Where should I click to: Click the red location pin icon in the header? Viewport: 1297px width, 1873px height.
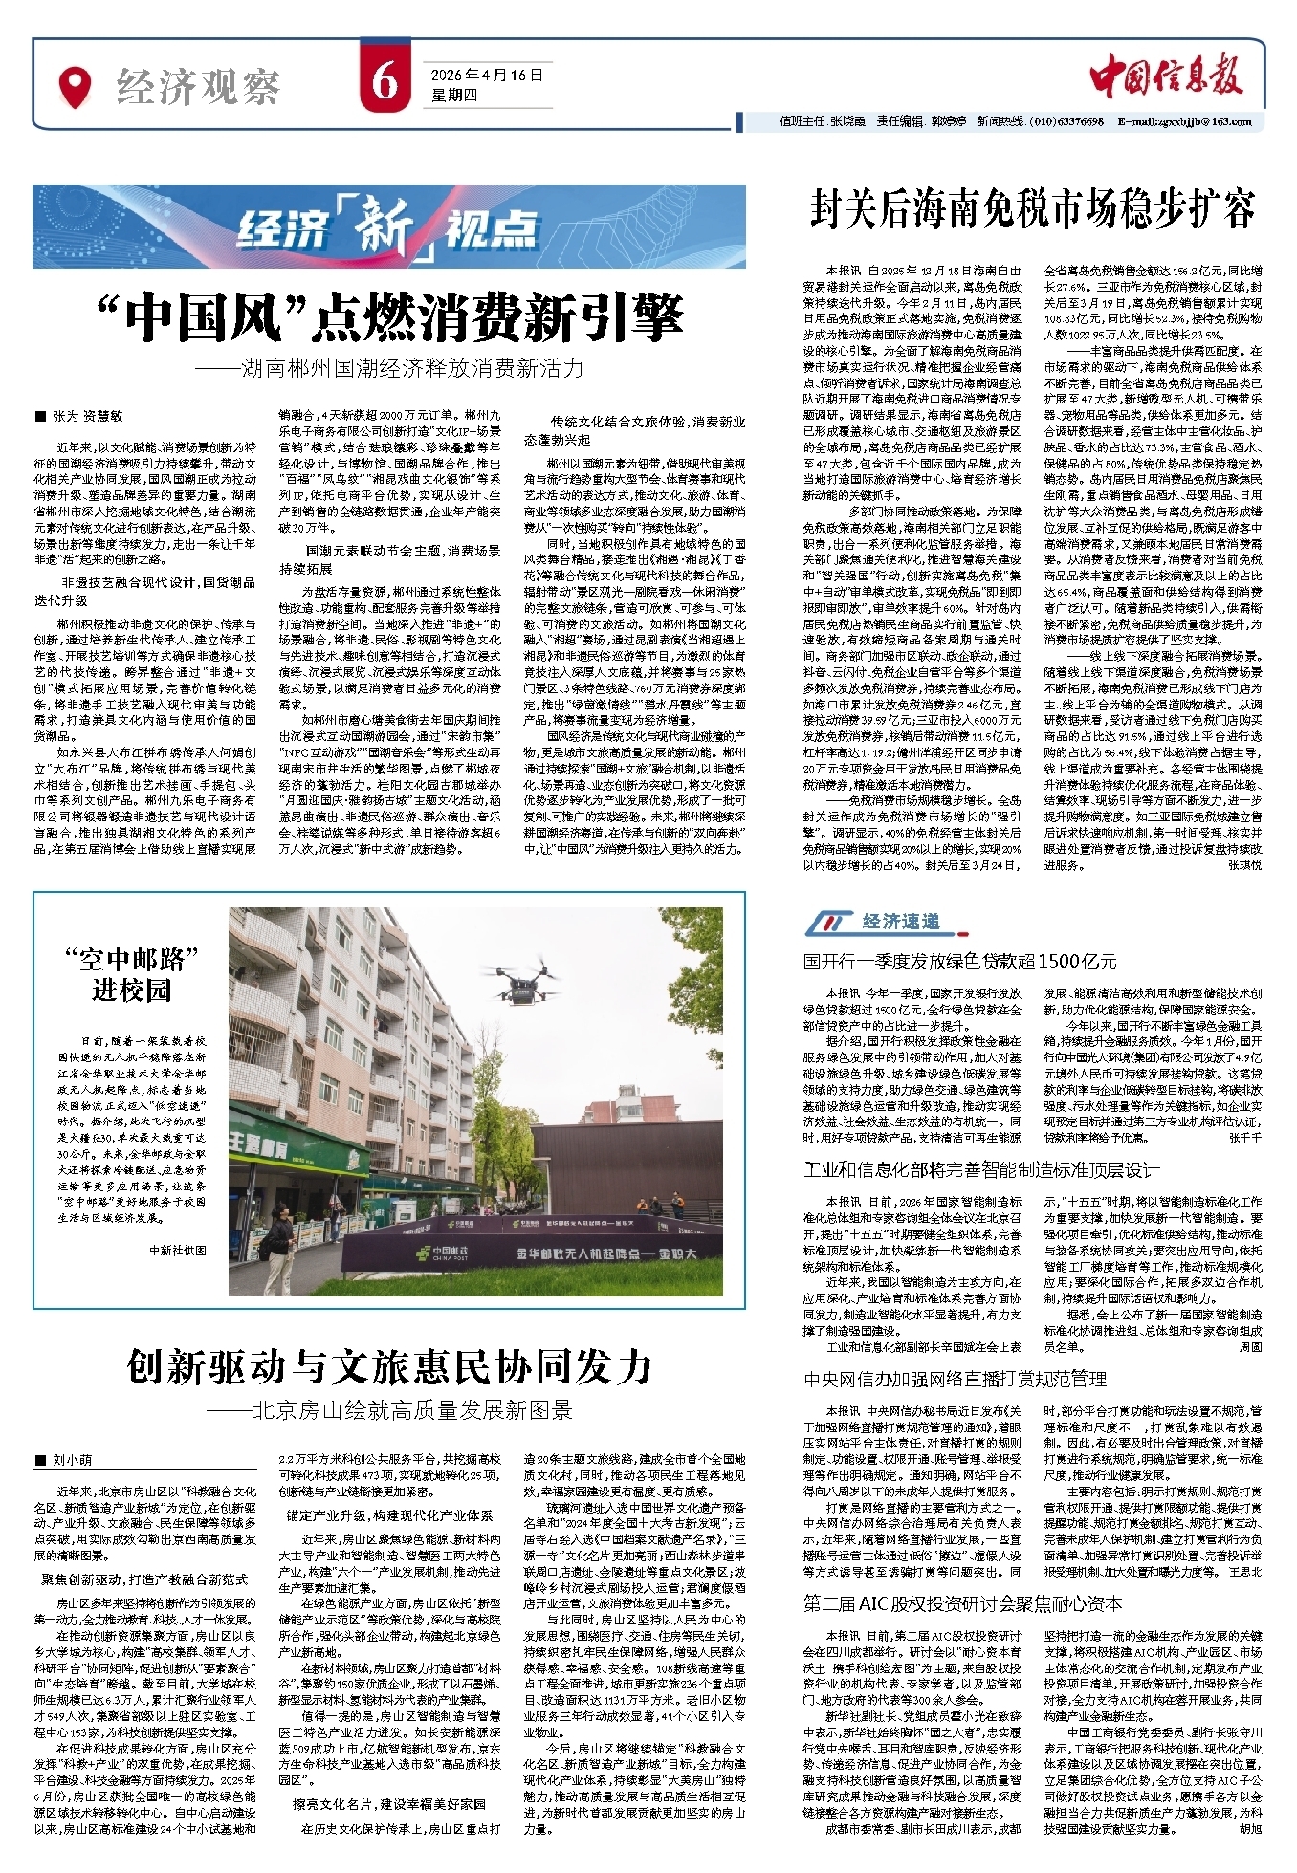click(76, 86)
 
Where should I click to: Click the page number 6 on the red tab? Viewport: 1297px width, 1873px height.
click(385, 82)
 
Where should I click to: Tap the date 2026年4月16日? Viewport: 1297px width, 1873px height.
click(486, 75)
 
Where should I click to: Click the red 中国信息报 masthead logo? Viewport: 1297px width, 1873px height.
click(1166, 75)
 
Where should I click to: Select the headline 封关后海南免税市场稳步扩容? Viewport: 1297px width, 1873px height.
click(1033, 208)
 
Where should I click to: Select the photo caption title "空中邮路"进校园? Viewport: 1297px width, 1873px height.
click(131, 974)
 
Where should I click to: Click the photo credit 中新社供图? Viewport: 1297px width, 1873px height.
click(177, 1250)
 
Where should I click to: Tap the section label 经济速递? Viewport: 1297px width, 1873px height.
click(900, 922)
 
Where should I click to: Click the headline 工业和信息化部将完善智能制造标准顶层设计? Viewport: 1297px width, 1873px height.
click(981, 1170)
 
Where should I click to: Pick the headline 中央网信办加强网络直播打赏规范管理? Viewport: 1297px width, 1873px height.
click(955, 1379)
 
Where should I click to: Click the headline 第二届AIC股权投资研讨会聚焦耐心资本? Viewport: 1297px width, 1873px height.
click(962, 1603)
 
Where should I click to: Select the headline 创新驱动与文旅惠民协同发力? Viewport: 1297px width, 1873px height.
click(389, 1367)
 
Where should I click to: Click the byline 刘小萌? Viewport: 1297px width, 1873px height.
click(72, 1460)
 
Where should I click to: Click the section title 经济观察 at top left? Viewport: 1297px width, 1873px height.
click(198, 88)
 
